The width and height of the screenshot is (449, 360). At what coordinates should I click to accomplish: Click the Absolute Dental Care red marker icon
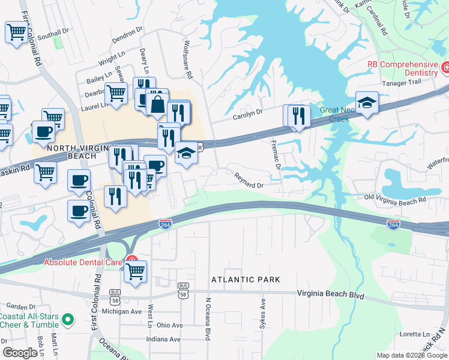[x=131, y=262]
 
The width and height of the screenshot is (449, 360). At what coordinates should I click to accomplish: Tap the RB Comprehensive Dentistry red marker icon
[x=445, y=67]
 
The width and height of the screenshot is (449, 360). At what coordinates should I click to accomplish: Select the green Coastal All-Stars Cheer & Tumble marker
[x=68, y=319]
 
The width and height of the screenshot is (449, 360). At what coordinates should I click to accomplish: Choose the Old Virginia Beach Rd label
[x=396, y=199]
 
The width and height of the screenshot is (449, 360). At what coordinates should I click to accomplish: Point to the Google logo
[x=20, y=353]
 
